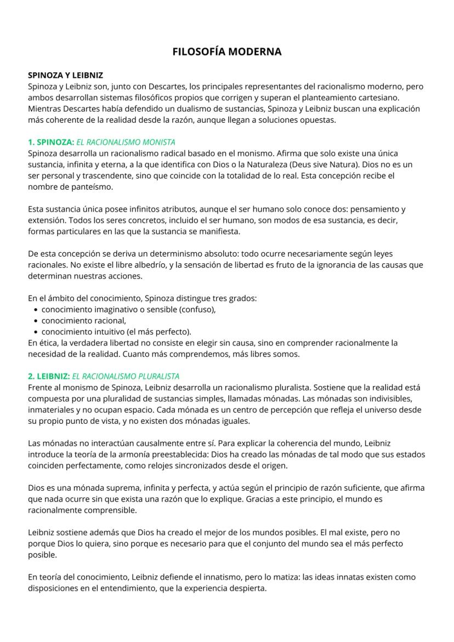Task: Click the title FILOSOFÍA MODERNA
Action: (227, 52)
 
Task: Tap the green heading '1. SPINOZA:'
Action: (51, 142)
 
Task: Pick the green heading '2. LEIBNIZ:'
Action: (49, 376)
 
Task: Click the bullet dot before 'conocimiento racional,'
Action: (36, 321)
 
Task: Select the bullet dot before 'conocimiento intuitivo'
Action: (36, 332)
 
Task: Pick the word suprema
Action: (114, 488)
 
